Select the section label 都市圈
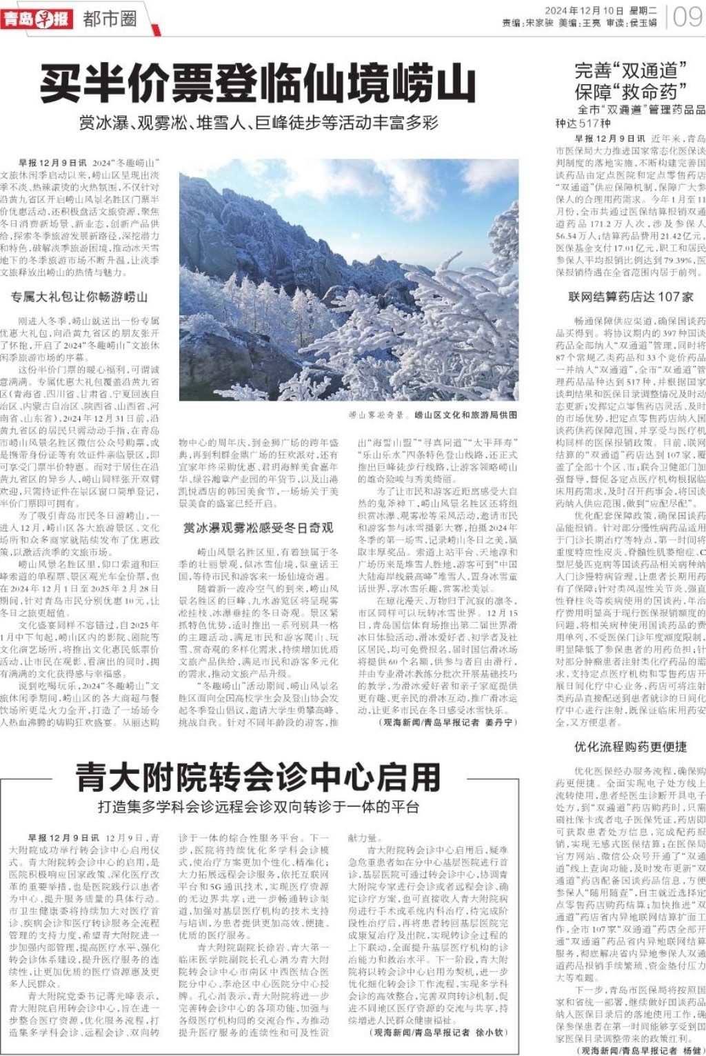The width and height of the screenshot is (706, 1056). point(110,19)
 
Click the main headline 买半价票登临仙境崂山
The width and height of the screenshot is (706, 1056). point(258,84)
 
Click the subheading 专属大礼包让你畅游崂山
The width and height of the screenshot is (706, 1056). point(79,297)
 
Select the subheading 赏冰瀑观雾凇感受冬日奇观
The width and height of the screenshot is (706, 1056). point(258,528)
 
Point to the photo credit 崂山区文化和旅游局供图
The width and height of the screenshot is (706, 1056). point(465,415)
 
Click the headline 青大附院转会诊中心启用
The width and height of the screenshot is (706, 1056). point(258,777)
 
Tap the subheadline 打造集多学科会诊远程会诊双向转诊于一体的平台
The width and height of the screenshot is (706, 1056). point(259,806)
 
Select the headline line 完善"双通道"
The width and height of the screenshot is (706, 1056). point(631,70)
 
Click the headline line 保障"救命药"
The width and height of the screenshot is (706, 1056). point(631,91)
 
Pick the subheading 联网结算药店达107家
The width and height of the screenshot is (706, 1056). point(631,297)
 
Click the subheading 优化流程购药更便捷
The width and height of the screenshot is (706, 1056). point(631,746)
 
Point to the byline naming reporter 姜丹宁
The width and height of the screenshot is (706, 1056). point(447,723)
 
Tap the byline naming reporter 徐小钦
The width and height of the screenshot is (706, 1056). point(438,1033)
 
